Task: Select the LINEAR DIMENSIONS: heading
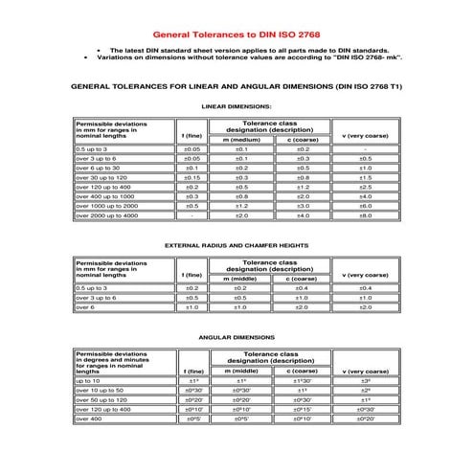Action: coord(237,105)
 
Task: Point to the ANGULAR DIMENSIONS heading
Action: coord(237,338)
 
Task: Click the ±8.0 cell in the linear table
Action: coord(365,215)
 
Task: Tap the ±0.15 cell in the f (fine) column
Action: coord(192,177)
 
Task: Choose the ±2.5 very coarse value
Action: coord(365,187)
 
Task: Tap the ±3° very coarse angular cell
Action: coord(365,381)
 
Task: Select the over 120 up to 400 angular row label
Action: coord(108,410)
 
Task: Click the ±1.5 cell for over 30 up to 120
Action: coord(365,177)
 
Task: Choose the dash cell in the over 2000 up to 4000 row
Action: coord(192,215)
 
